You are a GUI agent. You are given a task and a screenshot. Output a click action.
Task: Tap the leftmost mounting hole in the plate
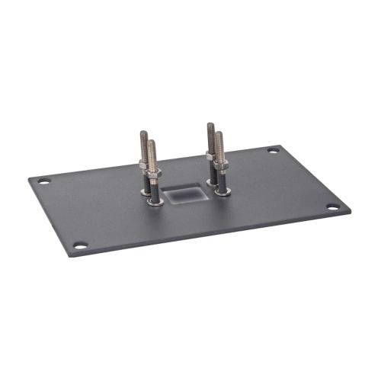44,181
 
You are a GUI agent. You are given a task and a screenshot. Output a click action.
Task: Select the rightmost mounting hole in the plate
333,207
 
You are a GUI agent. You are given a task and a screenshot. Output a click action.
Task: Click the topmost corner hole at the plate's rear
273,150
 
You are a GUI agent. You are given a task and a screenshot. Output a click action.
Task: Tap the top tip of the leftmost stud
143,134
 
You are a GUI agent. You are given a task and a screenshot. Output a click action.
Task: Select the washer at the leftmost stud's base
146,190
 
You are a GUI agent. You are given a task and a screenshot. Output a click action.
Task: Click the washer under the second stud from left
155,203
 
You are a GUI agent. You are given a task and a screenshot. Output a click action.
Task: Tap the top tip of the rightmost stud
219,135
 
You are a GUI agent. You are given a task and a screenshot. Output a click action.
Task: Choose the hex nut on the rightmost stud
221,162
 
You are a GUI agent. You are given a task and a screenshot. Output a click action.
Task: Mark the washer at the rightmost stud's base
223,191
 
